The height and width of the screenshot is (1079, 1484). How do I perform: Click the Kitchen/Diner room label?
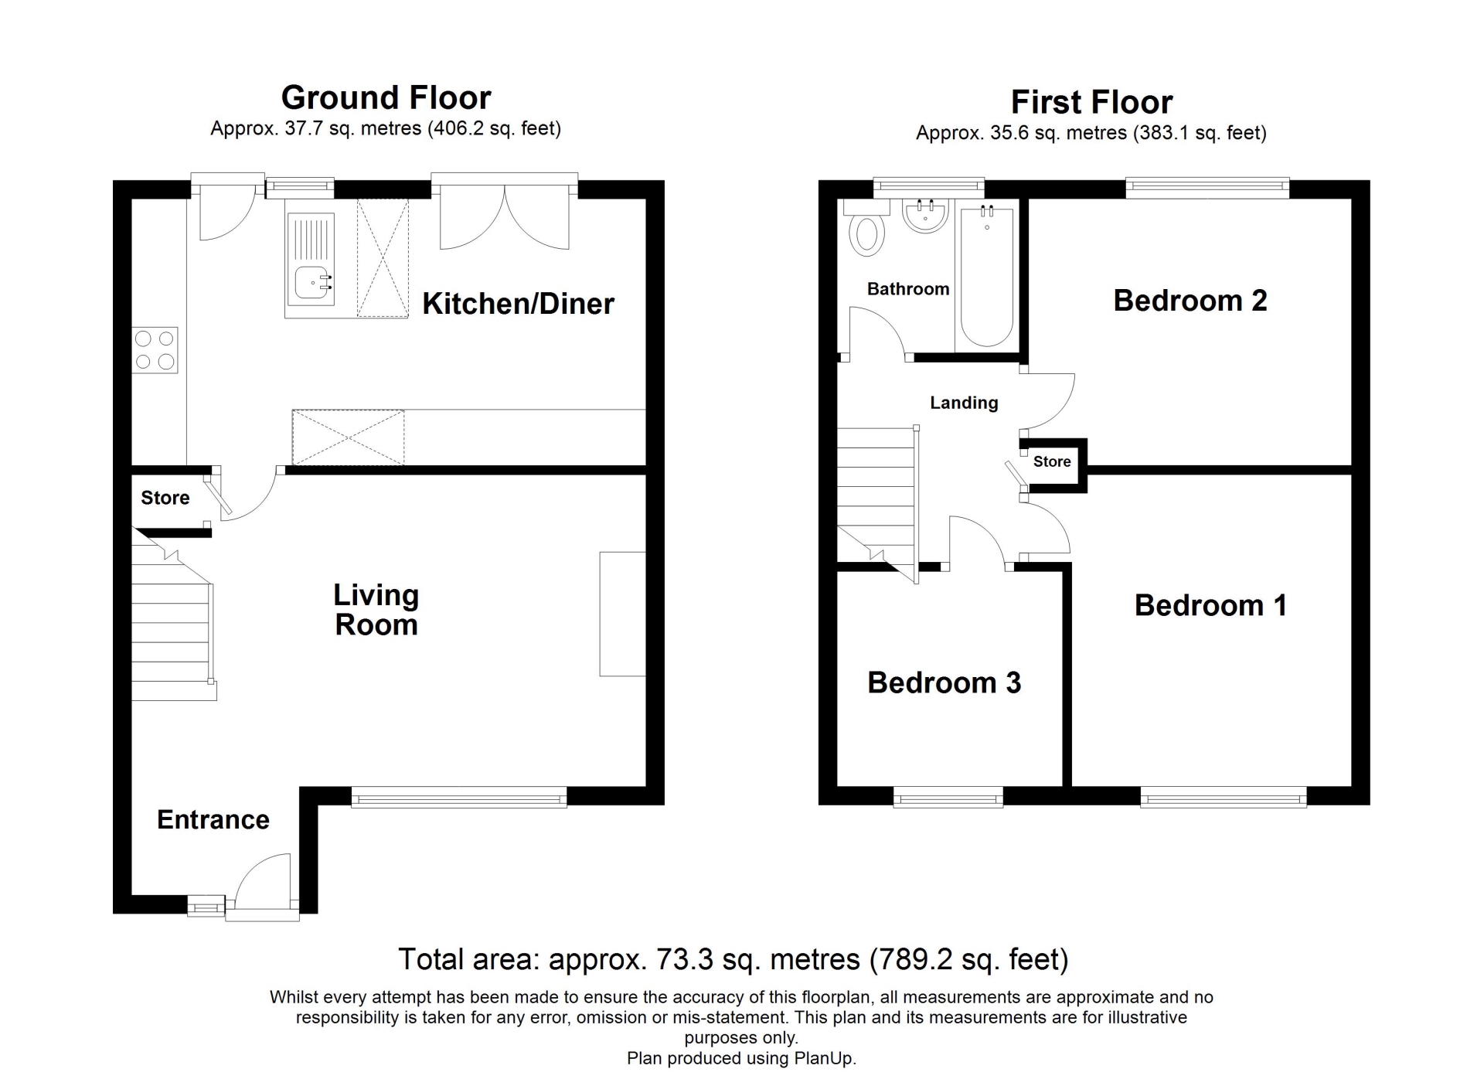pyautogui.click(x=518, y=304)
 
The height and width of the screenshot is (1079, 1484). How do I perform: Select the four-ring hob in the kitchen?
pyautogui.click(x=155, y=350)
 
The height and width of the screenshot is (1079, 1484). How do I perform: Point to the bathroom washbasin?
pyautogui.click(x=925, y=216)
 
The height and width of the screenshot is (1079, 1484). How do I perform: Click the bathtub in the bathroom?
pyautogui.click(x=987, y=275)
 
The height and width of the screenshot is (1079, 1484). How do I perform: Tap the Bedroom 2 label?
pyautogui.click(x=1190, y=301)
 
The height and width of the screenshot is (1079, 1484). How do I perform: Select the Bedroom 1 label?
pyautogui.click(x=1210, y=605)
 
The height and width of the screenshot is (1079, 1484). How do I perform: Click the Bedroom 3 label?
pyautogui.click(x=944, y=682)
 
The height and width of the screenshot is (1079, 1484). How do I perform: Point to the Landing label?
pyautogui.click(x=964, y=403)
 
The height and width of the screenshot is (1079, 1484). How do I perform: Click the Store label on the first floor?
pyautogui.click(x=1052, y=461)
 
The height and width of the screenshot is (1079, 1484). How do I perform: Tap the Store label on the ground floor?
pyautogui.click(x=165, y=498)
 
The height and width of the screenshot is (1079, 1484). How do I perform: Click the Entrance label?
pyautogui.click(x=213, y=820)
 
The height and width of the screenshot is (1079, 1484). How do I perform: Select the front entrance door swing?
pyautogui.click(x=263, y=881)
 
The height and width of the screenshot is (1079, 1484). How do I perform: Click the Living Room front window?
pyautogui.click(x=459, y=797)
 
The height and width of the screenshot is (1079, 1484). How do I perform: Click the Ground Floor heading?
pyautogui.click(x=386, y=98)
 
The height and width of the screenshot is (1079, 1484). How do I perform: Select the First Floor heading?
pyautogui.click(x=1091, y=102)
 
